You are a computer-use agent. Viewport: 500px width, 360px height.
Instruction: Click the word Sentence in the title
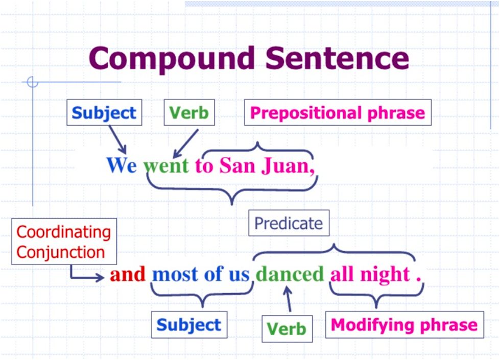click(x=337, y=58)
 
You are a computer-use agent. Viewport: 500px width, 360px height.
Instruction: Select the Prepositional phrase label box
click(x=338, y=112)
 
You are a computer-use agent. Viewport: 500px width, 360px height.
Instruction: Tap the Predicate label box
click(x=289, y=223)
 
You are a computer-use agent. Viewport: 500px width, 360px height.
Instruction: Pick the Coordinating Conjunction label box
click(x=64, y=242)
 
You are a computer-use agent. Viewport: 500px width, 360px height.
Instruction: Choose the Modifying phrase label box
click(x=404, y=325)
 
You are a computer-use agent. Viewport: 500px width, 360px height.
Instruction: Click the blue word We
click(x=122, y=165)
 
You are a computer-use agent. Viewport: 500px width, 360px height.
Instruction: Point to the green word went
click(x=166, y=166)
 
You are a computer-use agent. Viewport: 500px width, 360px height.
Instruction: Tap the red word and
click(x=128, y=274)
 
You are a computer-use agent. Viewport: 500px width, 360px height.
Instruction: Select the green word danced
click(x=290, y=274)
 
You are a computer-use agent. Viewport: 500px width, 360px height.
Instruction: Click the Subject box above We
click(x=104, y=112)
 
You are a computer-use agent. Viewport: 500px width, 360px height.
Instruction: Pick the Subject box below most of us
click(x=189, y=325)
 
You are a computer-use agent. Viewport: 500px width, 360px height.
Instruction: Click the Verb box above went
click(x=189, y=112)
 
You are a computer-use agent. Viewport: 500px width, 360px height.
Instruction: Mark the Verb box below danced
click(x=287, y=329)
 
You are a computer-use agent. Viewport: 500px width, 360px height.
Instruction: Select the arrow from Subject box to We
click(x=117, y=140)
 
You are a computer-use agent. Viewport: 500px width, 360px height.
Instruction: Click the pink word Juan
click(x=288, y=166)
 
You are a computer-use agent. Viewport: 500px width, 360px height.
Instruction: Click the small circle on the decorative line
click(x=33, y=82)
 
